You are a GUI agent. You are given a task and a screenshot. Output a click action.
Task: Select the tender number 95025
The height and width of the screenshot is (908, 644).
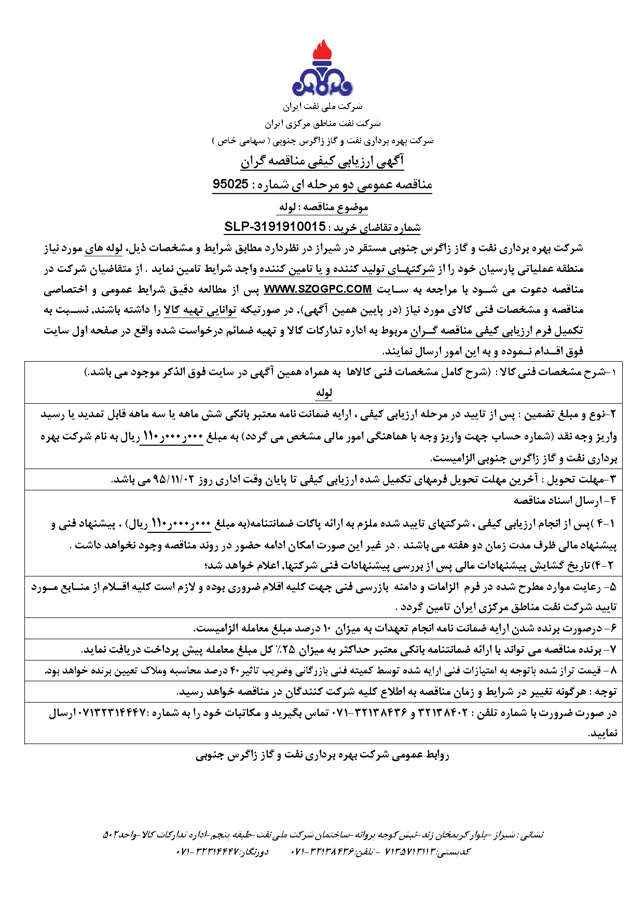[230, 184]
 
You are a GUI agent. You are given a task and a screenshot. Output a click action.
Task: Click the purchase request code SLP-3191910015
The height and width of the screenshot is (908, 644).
[275, 227]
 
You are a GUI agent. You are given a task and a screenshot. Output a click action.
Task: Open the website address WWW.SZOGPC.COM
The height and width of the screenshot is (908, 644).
[318, 289]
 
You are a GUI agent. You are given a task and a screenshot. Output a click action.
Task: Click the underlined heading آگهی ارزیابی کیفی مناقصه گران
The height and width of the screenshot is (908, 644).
[322, 162]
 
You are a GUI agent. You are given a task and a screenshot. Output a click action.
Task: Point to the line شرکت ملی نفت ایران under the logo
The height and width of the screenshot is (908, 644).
[322, 107]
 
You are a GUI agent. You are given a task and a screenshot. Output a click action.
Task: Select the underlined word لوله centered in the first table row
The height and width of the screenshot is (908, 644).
[324, 393]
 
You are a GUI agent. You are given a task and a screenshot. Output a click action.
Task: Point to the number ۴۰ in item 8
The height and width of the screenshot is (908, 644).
[235, 671]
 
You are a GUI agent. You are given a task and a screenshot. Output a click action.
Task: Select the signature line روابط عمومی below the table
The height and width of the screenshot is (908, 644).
[322, 755]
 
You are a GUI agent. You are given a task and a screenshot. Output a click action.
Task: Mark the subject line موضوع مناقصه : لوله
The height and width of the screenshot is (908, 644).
[323, 207]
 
